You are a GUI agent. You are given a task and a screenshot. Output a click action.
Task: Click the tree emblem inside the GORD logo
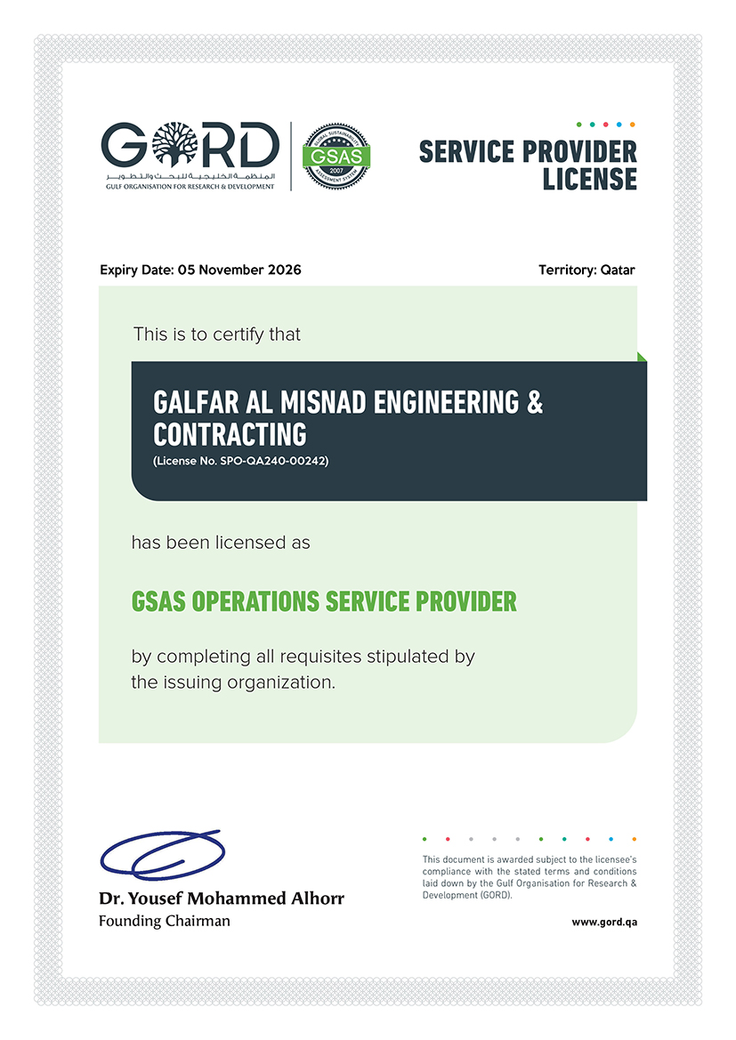[x=170, y=144]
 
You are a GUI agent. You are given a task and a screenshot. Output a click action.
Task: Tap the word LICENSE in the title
[x=590, y=179]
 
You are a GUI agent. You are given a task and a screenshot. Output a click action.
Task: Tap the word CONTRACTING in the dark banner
[x=230, y=434]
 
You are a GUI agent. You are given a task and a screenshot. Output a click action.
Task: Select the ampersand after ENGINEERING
[x=535, y=403]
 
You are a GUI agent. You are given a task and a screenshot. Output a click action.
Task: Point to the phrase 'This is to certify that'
[x=217, y=335]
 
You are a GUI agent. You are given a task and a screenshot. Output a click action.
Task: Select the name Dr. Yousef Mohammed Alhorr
[x=221, y=899]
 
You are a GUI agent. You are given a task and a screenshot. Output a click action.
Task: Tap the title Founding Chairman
[x=164, y=921]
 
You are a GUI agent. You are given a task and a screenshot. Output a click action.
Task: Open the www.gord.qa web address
[x=604, y=922]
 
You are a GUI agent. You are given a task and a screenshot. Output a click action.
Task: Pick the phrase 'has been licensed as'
[x=221, y=542]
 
